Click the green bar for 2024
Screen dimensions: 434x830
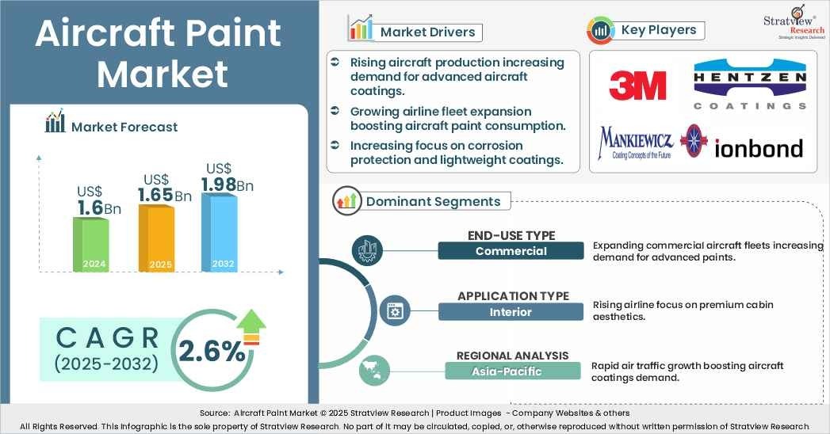point(91,245)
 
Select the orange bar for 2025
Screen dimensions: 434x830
point(156,238)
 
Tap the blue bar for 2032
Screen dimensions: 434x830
point(219,232)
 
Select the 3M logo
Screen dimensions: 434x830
point(637,86)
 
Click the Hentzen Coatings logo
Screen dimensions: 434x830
point(749,86)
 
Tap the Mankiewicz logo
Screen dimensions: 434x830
point(636,143)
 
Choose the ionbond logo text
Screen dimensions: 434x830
point(759,148)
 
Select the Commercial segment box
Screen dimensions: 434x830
point(511,251)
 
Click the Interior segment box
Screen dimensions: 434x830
point(511,312)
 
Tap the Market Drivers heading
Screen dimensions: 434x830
point(427,32)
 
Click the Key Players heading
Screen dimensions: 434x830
point(658,30)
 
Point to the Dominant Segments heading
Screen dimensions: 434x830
point(433,201)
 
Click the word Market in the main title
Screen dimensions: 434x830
point(162,74)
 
